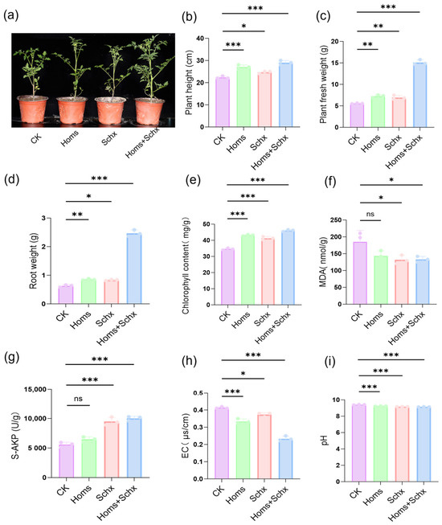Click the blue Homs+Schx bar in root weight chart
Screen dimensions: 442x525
[134, 269]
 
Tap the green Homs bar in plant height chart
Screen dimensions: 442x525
[244, 96]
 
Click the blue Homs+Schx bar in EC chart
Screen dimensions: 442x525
[285, 459]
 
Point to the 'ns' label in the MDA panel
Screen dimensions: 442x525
[370, 214]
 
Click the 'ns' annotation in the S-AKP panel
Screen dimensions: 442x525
[78, 399]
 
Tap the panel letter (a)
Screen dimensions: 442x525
[11, 15]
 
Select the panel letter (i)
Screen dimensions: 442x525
[329, 361]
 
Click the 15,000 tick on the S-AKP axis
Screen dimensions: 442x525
[35, 389]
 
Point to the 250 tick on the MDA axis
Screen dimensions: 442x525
[336, 220]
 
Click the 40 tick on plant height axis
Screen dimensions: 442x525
[200, 39]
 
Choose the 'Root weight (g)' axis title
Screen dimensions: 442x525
[33, 260]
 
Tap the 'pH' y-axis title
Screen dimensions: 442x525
[324, 441]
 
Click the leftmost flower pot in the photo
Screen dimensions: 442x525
[32, 109]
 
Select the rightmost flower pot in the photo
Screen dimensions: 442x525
[149, 111]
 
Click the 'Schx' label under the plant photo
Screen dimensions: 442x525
[109, 138]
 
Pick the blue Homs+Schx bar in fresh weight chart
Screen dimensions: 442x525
[419, 95]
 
